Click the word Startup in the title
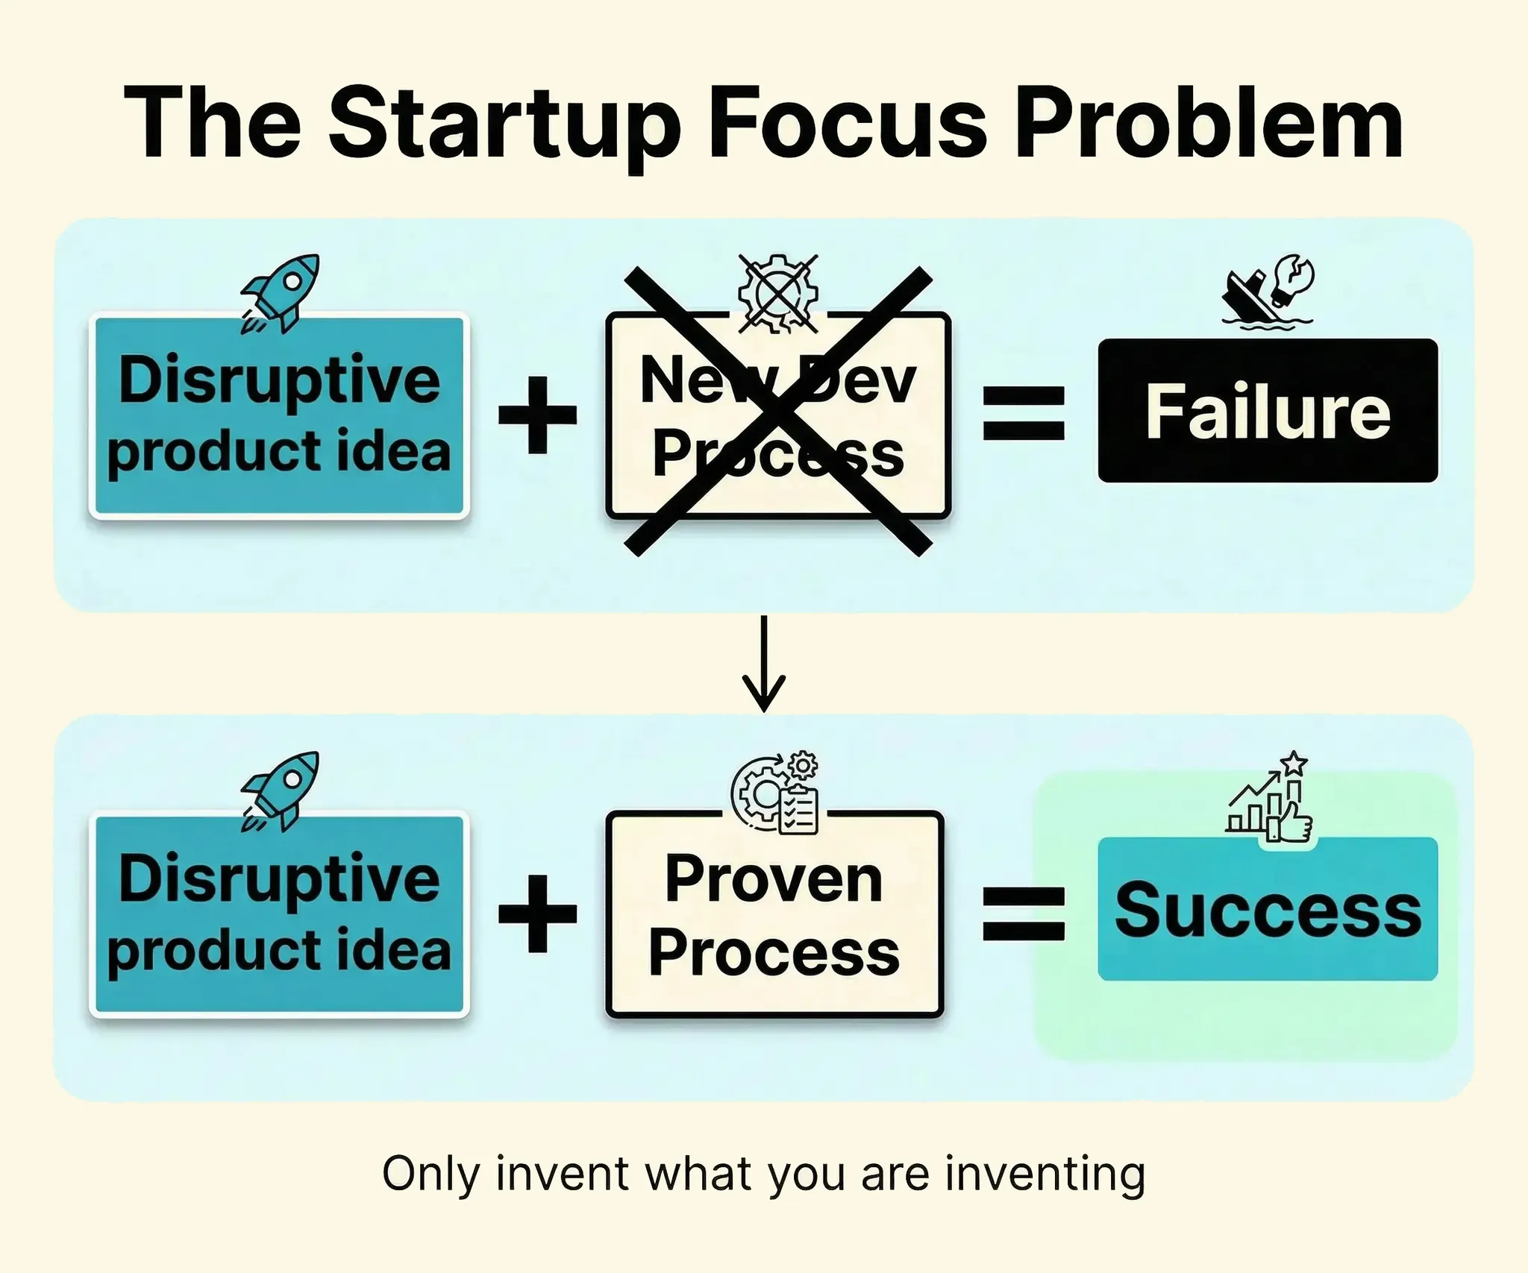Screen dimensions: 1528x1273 coord(504,124)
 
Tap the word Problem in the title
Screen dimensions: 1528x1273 coord(1209,122)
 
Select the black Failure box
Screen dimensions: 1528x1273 coord(1268,410)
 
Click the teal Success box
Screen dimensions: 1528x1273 coord(1268,908)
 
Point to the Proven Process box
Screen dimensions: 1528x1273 coord(775,914)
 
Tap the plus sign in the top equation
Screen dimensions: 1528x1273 coord(538,415)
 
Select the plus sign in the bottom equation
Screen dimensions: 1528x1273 coord(538,914)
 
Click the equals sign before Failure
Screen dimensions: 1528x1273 coord(1024,413)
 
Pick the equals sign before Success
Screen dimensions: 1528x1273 coord(1024,912)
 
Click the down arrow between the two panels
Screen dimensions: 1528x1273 coord(763,663)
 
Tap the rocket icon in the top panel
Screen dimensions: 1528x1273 coord(280,293)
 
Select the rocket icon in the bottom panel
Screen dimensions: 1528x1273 coord(280,791)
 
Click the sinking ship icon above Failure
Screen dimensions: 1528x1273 coord(1268,290)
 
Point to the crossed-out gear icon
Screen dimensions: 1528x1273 coord(778,293)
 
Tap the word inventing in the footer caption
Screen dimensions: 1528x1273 coord(1045,1175)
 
